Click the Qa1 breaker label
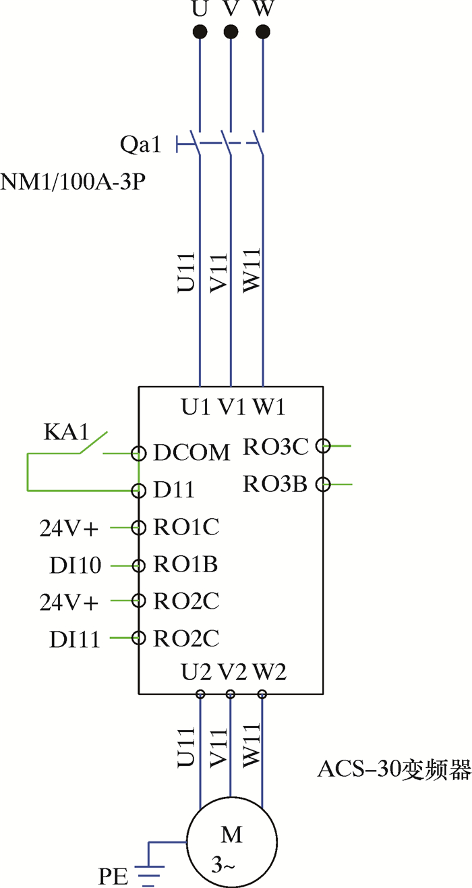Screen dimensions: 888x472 point(141,144)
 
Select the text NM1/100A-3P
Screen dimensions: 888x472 point(73,182)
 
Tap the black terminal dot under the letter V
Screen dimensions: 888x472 point(231,32)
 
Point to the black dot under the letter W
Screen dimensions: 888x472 point(263,32)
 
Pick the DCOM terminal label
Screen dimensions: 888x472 point(191,453)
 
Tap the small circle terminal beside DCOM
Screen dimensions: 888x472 point(139,453)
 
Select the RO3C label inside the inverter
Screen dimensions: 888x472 point(275,446)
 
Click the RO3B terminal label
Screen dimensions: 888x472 point(275,484)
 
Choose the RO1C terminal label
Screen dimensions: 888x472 point(187,527)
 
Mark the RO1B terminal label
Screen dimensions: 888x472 point(186,564)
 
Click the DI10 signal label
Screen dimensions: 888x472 point(76,565)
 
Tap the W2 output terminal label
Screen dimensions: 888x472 point(270,672)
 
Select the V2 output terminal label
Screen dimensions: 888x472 point(233,672)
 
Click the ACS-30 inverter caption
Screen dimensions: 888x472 point(394,770)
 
